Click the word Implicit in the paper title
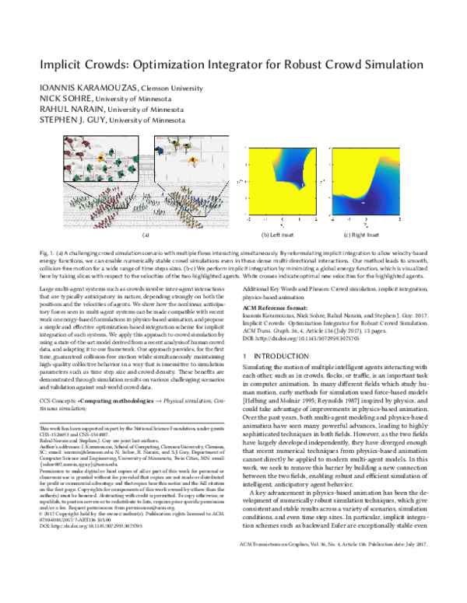65,67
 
